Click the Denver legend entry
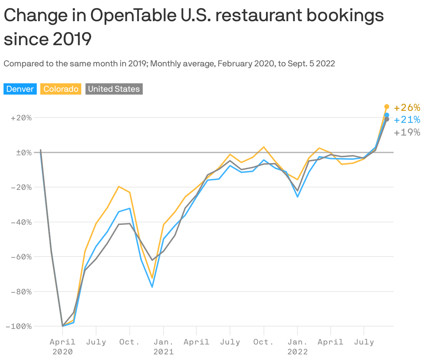tap(20, 89)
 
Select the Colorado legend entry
tap(61, 89)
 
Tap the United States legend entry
tap(114, 89)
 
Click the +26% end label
tap(407, 107)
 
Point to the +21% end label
tap(407, 120)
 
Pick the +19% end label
tap(407, 132)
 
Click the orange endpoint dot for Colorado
tap(387, 107)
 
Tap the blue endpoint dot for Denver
tap(387, 115)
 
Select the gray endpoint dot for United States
tap(387, 119)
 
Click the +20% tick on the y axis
tap(21, 118)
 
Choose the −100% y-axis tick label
tap(18, 326)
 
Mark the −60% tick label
tap(21, 257)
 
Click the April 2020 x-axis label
tap(63, 346)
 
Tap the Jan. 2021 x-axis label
tap(163, 346)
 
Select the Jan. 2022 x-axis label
tap(297, 346)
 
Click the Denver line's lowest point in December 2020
tap(152, 287)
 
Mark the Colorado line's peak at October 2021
tap(264, 147)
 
